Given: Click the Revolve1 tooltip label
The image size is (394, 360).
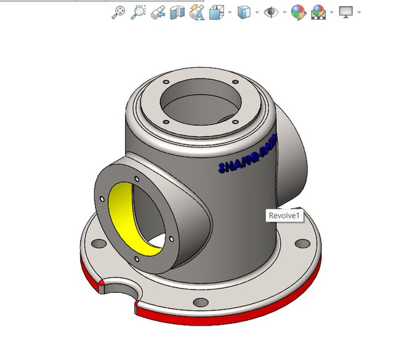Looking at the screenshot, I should pyautogui.click(x=283, y=216).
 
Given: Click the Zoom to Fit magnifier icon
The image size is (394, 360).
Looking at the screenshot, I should pyautogui.click(x=117, y=12).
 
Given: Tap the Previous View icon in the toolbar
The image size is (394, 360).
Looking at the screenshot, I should pyautogui.click(x=158, y=12).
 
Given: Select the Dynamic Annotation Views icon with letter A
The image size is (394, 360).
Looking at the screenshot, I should pyautogui.click(x=197, y=12).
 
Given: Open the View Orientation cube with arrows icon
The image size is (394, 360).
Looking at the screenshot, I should pyautogui.click(x=217, y=12).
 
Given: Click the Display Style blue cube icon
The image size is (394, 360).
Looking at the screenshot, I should pyautogui.click(x=244, y=12).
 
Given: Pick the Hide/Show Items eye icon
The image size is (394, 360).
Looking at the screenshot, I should pyautogui.click(x=271, y=12).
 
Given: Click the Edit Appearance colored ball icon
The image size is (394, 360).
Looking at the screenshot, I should pyautogui.click(x=298, y=12).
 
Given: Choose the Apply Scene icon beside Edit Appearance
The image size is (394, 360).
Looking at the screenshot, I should pyautogui.click(x=318, y=12).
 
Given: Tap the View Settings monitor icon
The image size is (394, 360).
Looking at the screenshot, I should pyautogui.click(x=345, y=12).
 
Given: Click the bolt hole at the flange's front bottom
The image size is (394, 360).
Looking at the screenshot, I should pyautogui.click(x=200, y=302).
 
